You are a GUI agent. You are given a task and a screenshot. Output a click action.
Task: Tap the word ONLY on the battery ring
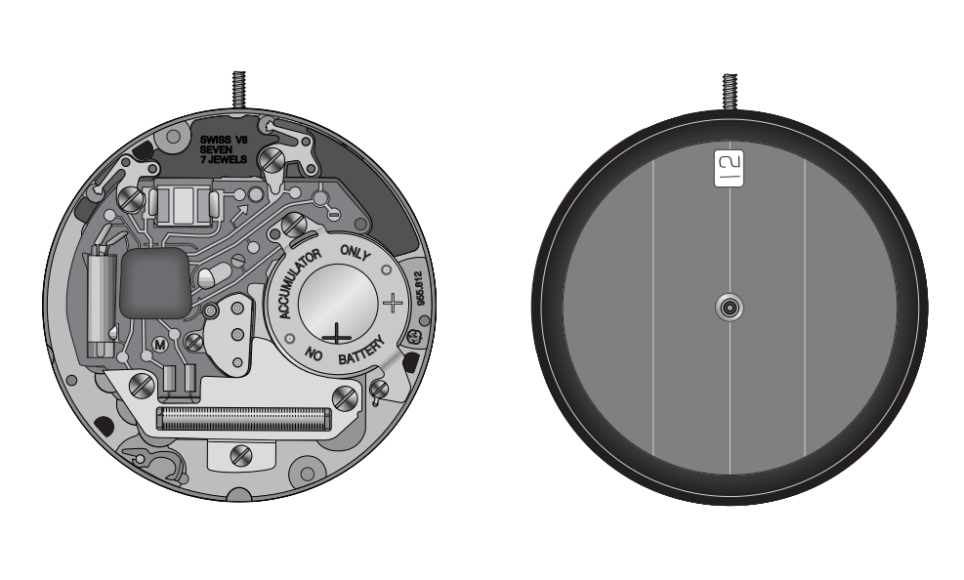coord(356,252)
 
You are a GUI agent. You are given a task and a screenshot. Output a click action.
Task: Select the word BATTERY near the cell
coord(362,350)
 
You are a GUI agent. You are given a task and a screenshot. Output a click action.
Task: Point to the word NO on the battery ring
coord(314,353)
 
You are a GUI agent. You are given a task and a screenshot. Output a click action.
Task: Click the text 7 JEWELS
coord(224,159)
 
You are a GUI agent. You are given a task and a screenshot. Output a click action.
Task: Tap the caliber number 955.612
coord(421,289)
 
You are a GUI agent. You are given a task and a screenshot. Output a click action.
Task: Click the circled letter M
coord(160,345)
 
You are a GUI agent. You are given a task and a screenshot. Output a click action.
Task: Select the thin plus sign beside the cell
coord(393,303)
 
